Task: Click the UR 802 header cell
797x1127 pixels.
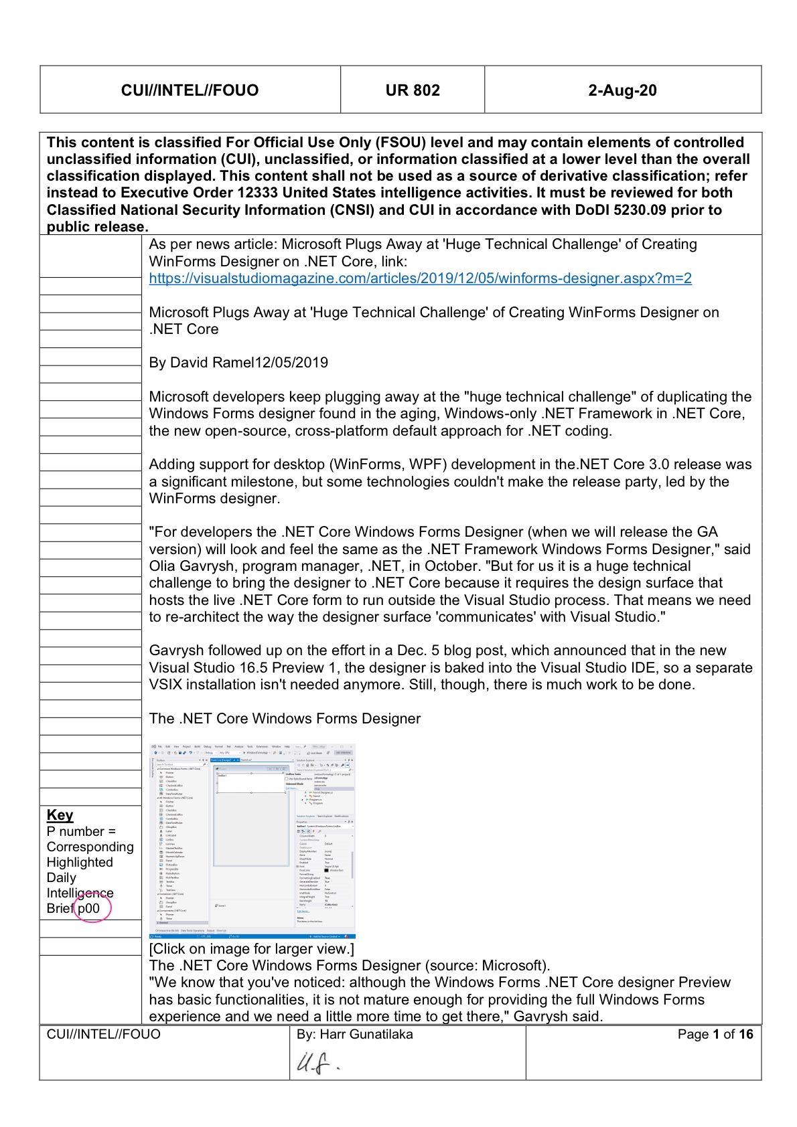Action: click(x=412, y=90)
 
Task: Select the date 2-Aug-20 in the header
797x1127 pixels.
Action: click(x=622, y=90)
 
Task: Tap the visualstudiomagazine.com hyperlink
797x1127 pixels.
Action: click(x=420, y=278)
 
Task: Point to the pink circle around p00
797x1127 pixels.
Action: click(x=92, y=908)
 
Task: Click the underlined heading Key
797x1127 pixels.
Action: click(x=60, y=814)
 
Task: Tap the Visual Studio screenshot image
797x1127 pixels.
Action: click(x=252, y=840)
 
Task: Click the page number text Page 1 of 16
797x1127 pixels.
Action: click(x=715, y=1034)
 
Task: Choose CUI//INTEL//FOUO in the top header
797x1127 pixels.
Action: click(x=190, y=90)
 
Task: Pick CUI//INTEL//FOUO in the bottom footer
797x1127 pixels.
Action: click(x=104, y=1034)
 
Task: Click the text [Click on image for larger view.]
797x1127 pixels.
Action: click(x=252, y=948)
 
